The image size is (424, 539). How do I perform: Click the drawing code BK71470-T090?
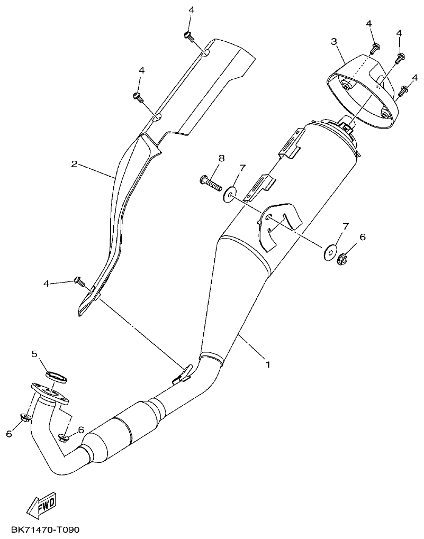point(43,529)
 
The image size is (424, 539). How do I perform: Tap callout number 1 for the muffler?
point(268,364)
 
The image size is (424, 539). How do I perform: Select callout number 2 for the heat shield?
point(75,164)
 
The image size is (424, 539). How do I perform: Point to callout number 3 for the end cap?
point(334,41)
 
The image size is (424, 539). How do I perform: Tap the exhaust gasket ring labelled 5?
point(56,376)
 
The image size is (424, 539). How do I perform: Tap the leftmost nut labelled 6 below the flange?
point(25,418)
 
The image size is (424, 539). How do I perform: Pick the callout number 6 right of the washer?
point(363,237)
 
